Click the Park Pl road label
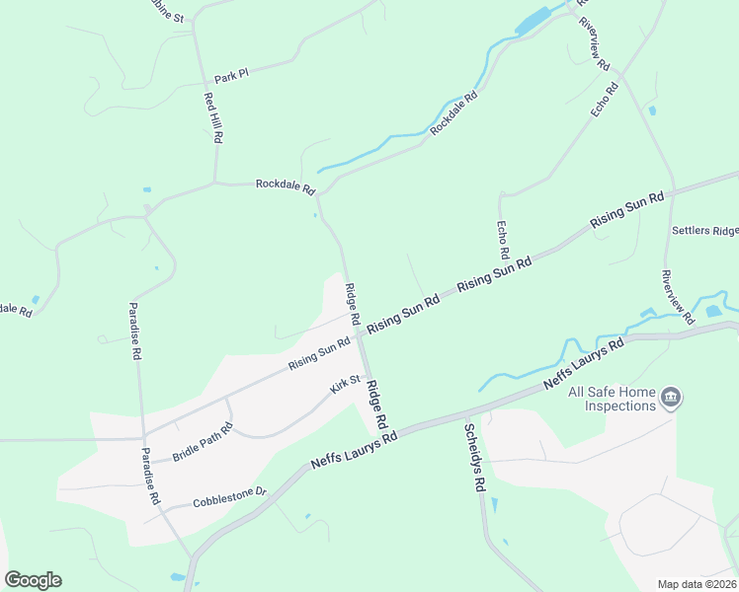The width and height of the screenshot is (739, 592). point(231,76)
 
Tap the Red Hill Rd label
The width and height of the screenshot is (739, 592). point(211,118)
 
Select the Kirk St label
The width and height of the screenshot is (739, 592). point(346,380)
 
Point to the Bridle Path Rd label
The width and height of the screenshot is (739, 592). point(203,442)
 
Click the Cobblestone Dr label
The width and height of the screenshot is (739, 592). point(231,495)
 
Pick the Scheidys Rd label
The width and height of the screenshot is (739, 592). point(473,458)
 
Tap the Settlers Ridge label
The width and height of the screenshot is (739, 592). point(704,231)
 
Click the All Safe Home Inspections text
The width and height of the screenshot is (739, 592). point(612,399)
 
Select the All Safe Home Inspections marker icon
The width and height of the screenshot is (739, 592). point(671,398)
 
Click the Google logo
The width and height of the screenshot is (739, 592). point(33,580)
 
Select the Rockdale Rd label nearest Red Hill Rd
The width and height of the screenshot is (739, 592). point(285,185)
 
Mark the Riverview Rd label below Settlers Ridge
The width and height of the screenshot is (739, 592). point(679,296)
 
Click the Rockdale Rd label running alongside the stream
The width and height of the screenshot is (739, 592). point(453,113)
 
